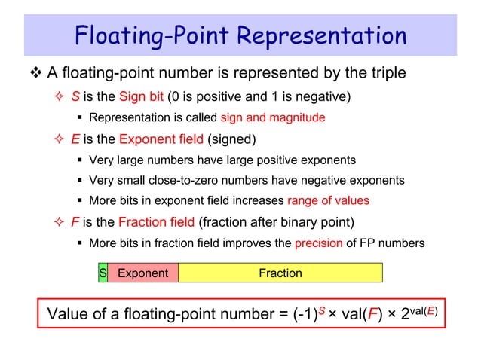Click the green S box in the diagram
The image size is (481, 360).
(102, 273)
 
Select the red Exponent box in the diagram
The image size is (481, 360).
(142, 273)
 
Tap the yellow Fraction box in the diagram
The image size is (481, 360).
(280, 273)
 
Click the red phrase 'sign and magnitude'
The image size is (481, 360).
(273, 117)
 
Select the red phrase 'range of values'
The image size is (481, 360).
(328, 200)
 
